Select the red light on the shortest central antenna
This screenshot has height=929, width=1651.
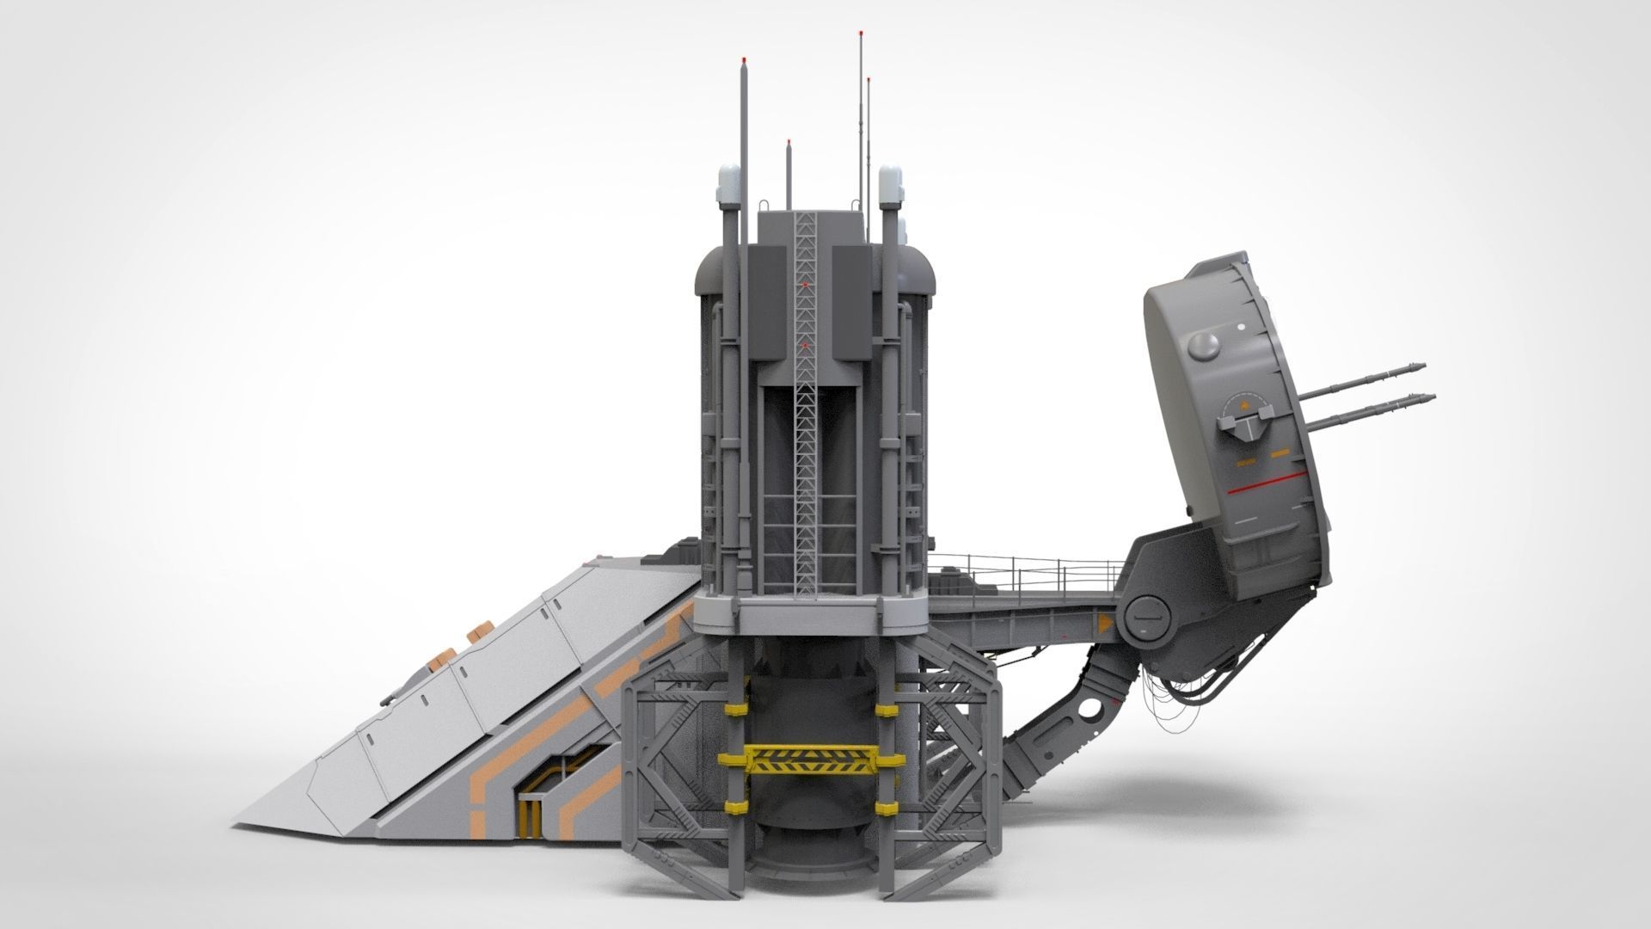click(x=788, y=143)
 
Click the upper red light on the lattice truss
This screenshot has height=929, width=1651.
click(x=806, y=284)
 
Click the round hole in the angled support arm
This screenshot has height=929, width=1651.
click(x=1092, y=708)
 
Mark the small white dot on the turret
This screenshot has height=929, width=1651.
click(x=1243, y=327)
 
